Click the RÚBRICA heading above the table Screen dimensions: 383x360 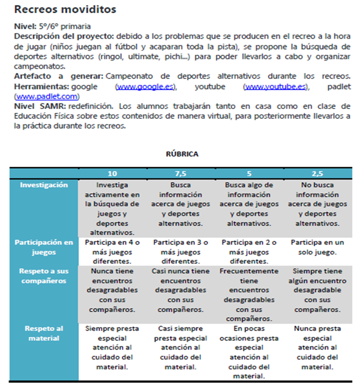coord(182,154)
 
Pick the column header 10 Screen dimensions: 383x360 coord(112,174)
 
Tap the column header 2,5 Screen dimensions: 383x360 coord(317,174)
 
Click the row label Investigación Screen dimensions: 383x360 coord(44,185)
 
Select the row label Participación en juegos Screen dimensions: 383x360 coord(44,247)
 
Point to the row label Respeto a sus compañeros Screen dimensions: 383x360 coord(44,276)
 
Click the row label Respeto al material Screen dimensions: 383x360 coord(44,333)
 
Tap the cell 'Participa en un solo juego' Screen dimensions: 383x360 coord(317,247)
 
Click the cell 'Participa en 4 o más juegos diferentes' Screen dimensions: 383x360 coord(112,252)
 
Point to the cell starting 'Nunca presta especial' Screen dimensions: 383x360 coord(317,348)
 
